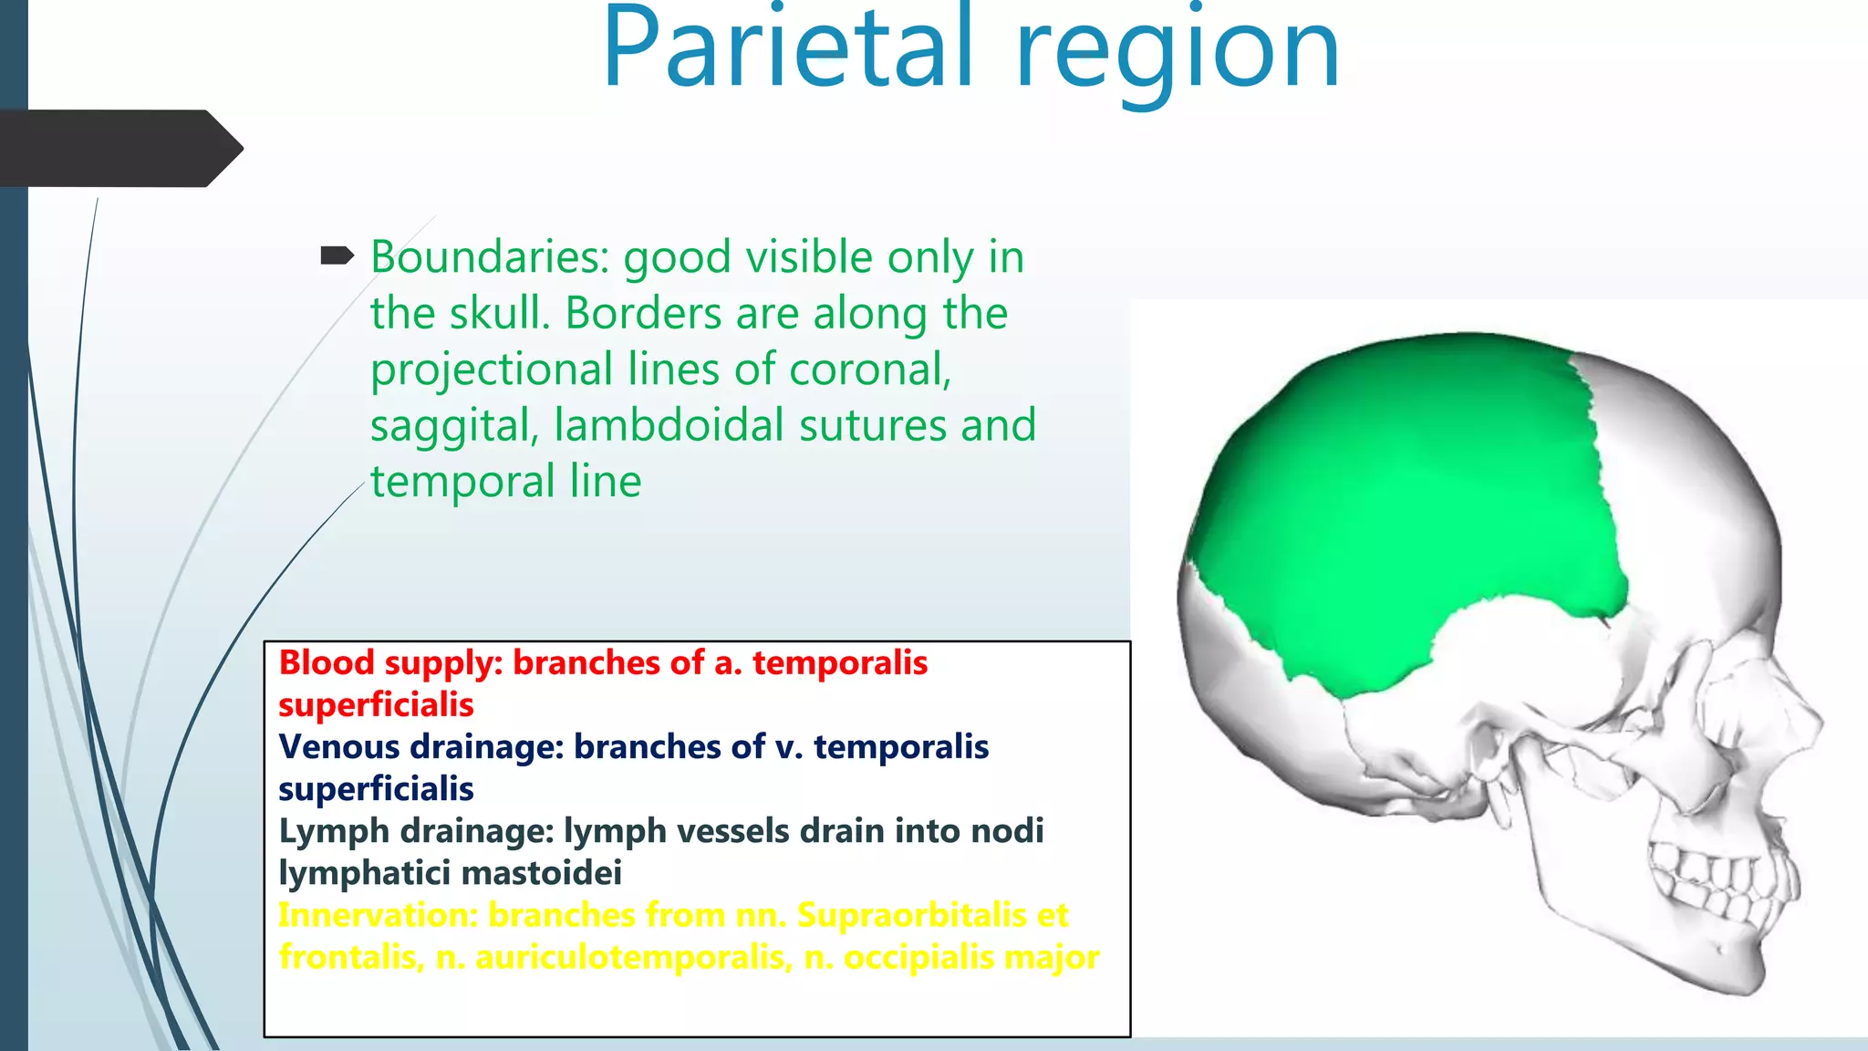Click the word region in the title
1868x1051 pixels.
(1177, 55)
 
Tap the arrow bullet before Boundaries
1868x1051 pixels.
(337, 256)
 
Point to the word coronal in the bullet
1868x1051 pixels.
(869, 369)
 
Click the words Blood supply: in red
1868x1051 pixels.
(390, 662)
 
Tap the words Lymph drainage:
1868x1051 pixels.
(416, 831)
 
